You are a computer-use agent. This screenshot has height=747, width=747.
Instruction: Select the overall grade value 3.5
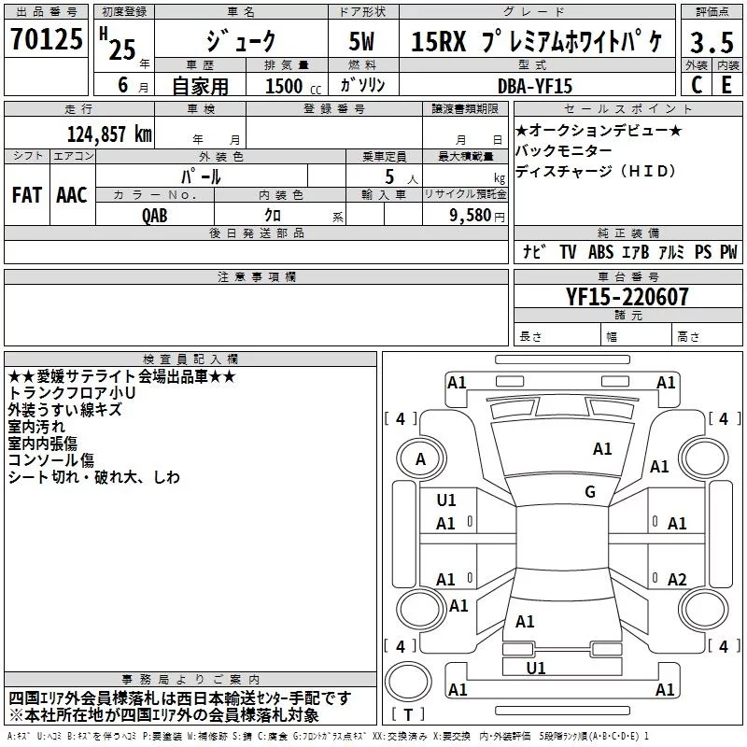click(x=712, y=42)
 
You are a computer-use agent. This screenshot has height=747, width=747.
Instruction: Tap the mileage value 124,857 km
click(x=110, y=134)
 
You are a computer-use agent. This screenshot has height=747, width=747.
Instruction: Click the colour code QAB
click(x=156, y=214)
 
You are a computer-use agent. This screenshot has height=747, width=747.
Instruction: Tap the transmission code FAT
click(x=26, y=195)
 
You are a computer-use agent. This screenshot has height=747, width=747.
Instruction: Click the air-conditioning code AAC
click(x=72, y=195)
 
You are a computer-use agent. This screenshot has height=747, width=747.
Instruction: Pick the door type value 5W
click(x=362, y=42)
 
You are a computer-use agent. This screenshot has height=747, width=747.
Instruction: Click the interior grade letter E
click(x=726, y=84)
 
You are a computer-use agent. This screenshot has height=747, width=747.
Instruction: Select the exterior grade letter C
click(x=696, y=84)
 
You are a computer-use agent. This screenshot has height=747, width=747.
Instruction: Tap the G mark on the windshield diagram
click(x=590, y=492)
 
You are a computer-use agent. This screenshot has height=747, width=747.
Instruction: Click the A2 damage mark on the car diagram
click(x=678, y=579)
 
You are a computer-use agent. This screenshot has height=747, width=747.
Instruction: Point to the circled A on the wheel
click(x=420, y=458)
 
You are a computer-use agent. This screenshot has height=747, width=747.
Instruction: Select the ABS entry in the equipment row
click(x=600, y=252)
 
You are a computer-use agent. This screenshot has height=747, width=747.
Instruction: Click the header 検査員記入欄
click(x=190, y=359)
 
